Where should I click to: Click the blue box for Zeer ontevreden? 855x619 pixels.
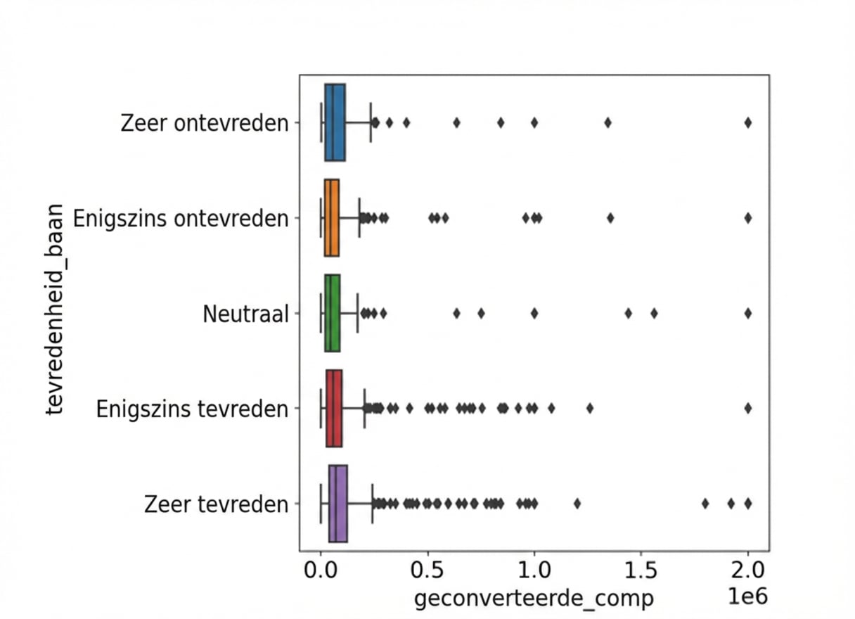(335, 122)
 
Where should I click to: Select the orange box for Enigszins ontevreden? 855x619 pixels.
(332, 218)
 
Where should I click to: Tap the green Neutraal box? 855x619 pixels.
(333, 313)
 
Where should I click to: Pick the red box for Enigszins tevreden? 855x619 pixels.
(334, 408)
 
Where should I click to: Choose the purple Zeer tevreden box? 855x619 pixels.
(338, 504)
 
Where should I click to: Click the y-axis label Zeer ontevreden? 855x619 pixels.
(205, 123)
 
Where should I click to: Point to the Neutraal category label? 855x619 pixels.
(245, 314)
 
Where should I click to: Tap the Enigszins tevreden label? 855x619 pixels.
(192, 409)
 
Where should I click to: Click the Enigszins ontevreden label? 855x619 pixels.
(181, 219)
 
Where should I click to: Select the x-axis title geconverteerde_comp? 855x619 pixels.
(534, 599)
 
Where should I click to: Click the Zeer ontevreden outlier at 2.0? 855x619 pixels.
(748, 122)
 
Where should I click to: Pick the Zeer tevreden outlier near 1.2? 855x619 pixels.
(577, 504)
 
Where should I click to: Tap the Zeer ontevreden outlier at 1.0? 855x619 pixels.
(534, 122)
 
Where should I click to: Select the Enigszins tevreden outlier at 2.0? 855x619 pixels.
(748, 408)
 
